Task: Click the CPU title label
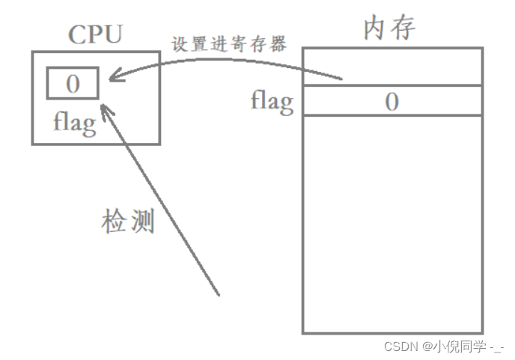[95, 34]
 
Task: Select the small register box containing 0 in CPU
[73, 83]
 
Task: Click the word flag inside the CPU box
[74, 122]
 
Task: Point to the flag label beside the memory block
[272, 101]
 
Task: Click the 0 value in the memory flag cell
[391, 102]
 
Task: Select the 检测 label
[128, 221]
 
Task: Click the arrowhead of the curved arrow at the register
[111, 77]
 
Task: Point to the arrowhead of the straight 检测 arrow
[106, 109]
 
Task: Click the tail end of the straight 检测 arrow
[219, 294]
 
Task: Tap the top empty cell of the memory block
[392, 67]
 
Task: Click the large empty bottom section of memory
[392, 225]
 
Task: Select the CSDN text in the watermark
[400, 347]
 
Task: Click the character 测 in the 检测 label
[142, 221]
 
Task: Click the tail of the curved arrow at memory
[341, 78]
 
